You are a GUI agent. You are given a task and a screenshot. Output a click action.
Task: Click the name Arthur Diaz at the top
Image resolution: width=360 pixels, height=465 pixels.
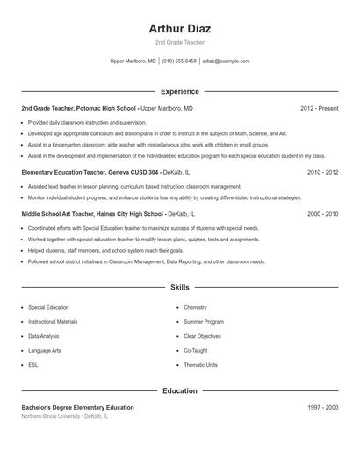[180, 28]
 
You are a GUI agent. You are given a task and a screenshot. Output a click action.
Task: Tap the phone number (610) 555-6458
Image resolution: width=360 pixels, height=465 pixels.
[179, 61]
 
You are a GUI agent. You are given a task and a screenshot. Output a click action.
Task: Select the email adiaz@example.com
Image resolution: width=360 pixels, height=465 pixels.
[226, 61]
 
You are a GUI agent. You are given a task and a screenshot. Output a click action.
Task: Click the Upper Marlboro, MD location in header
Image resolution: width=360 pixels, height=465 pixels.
[133, 61]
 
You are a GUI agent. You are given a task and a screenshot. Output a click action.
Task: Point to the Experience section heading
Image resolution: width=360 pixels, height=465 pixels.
[179, 91]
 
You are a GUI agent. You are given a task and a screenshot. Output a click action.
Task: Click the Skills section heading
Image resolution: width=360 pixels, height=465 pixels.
[179, 287]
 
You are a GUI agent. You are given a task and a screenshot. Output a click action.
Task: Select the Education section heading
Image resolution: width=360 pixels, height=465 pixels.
[179, 390]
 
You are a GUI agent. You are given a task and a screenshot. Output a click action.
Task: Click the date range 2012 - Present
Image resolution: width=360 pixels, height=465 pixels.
[319, 108]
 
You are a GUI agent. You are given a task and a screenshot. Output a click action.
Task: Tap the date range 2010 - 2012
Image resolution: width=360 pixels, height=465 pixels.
[322, 173]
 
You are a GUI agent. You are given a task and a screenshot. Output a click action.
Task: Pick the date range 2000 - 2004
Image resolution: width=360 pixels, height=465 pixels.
[322, 213]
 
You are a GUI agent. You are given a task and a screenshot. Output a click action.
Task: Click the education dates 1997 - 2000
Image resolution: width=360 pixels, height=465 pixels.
[322, 408]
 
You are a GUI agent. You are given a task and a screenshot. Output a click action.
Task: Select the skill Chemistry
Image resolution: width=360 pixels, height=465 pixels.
[195, 308]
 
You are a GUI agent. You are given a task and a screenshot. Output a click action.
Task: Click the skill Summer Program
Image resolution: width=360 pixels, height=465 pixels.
[203, 322]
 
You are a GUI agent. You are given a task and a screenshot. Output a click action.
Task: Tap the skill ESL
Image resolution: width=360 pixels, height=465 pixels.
[33, 365]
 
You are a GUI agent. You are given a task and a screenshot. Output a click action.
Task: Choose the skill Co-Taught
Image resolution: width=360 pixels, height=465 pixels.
[196, 350]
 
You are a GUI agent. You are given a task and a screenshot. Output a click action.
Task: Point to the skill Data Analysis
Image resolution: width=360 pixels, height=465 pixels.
[44, 336]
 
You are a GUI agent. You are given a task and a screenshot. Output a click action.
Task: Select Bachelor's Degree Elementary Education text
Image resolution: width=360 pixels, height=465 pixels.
[77, 408]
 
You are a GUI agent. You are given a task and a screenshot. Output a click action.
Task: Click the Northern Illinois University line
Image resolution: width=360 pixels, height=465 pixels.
[65, 417]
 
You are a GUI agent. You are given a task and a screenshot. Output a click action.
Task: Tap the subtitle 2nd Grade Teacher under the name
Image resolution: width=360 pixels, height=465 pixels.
[179, 43]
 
